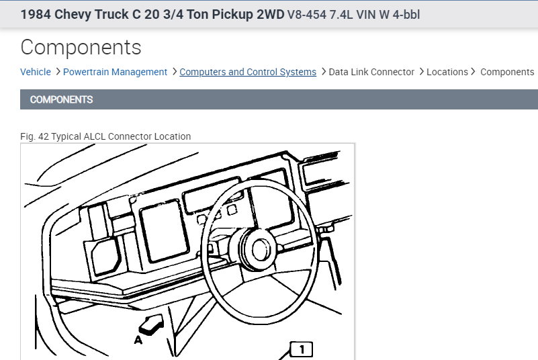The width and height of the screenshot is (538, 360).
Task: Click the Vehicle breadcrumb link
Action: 36,72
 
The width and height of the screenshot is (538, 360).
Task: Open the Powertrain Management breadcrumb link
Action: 115,72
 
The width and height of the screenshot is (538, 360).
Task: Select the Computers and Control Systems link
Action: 248,72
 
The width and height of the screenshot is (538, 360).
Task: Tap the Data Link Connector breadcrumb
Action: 371,72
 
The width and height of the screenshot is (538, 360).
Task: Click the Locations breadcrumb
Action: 447,72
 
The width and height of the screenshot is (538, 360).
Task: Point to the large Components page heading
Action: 81,48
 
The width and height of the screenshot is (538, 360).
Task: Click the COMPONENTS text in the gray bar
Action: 61,99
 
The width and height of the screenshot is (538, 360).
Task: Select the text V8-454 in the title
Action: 307,15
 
